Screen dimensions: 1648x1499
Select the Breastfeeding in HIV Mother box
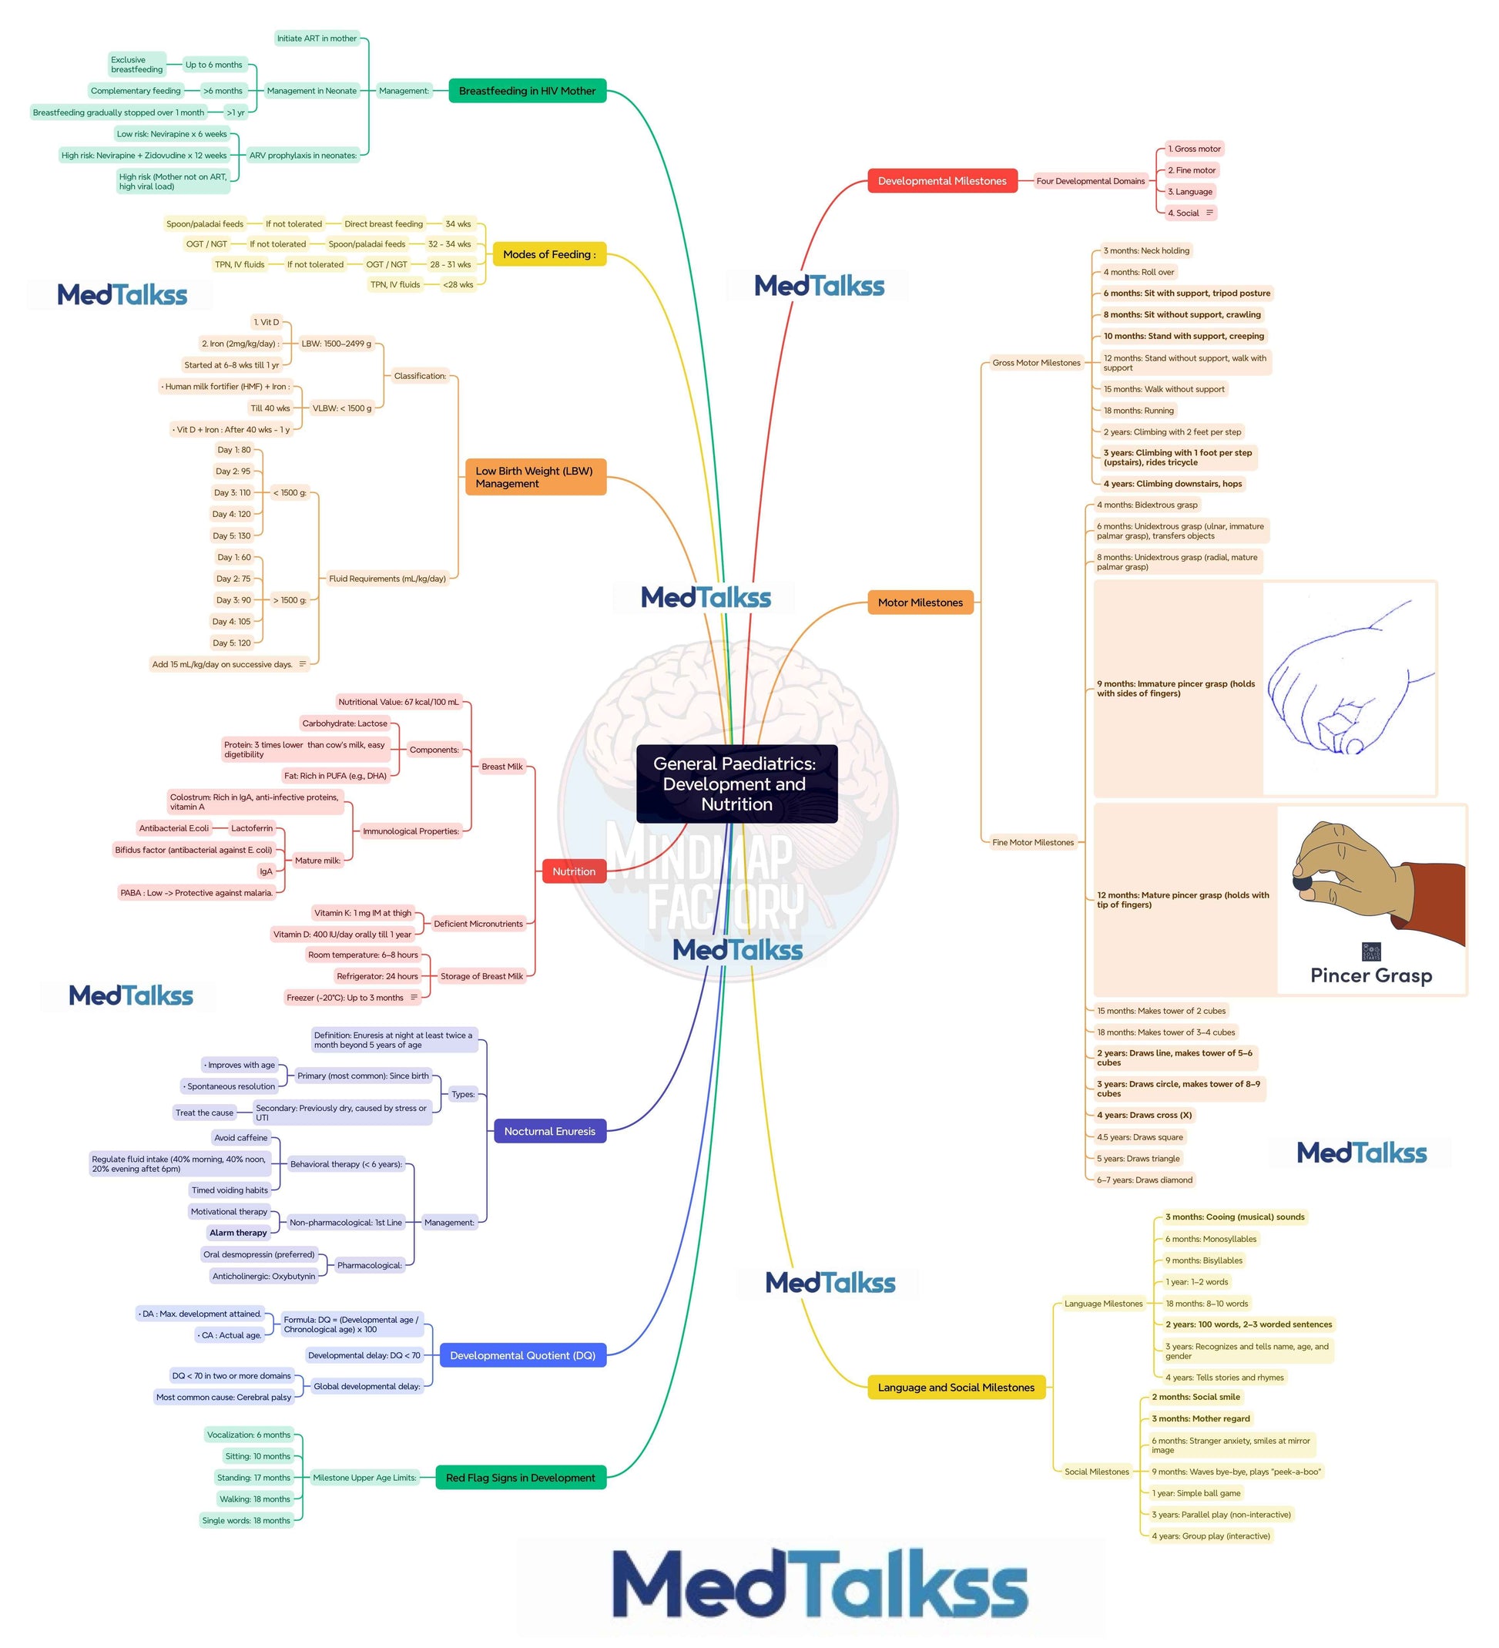tap(527, 91)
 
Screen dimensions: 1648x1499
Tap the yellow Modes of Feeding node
tap(549, 254)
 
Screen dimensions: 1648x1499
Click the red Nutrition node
tap(574, 871)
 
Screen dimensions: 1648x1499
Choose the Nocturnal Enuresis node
tap(549, 1131)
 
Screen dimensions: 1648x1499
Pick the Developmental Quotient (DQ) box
tap(522, 1355)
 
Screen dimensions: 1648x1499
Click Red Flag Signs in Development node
tap(520, 1478)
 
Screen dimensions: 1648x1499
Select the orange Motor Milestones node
tap(921, 602)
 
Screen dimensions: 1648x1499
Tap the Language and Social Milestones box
tap(955, 1388)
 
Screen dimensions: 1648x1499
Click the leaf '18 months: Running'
tap(1138, 411)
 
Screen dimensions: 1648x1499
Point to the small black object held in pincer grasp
tap(1302, 883)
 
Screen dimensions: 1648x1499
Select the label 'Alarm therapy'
tap(238, 1233)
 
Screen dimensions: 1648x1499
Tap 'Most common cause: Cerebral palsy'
tap(223, 1397)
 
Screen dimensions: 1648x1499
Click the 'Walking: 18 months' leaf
tap(254, 1499)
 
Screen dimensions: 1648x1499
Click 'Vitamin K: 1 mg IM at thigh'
tap(363, 913)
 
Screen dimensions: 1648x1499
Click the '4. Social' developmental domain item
tap(1182, 213)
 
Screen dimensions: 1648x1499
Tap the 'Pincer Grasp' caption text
tap(1370, 975)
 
